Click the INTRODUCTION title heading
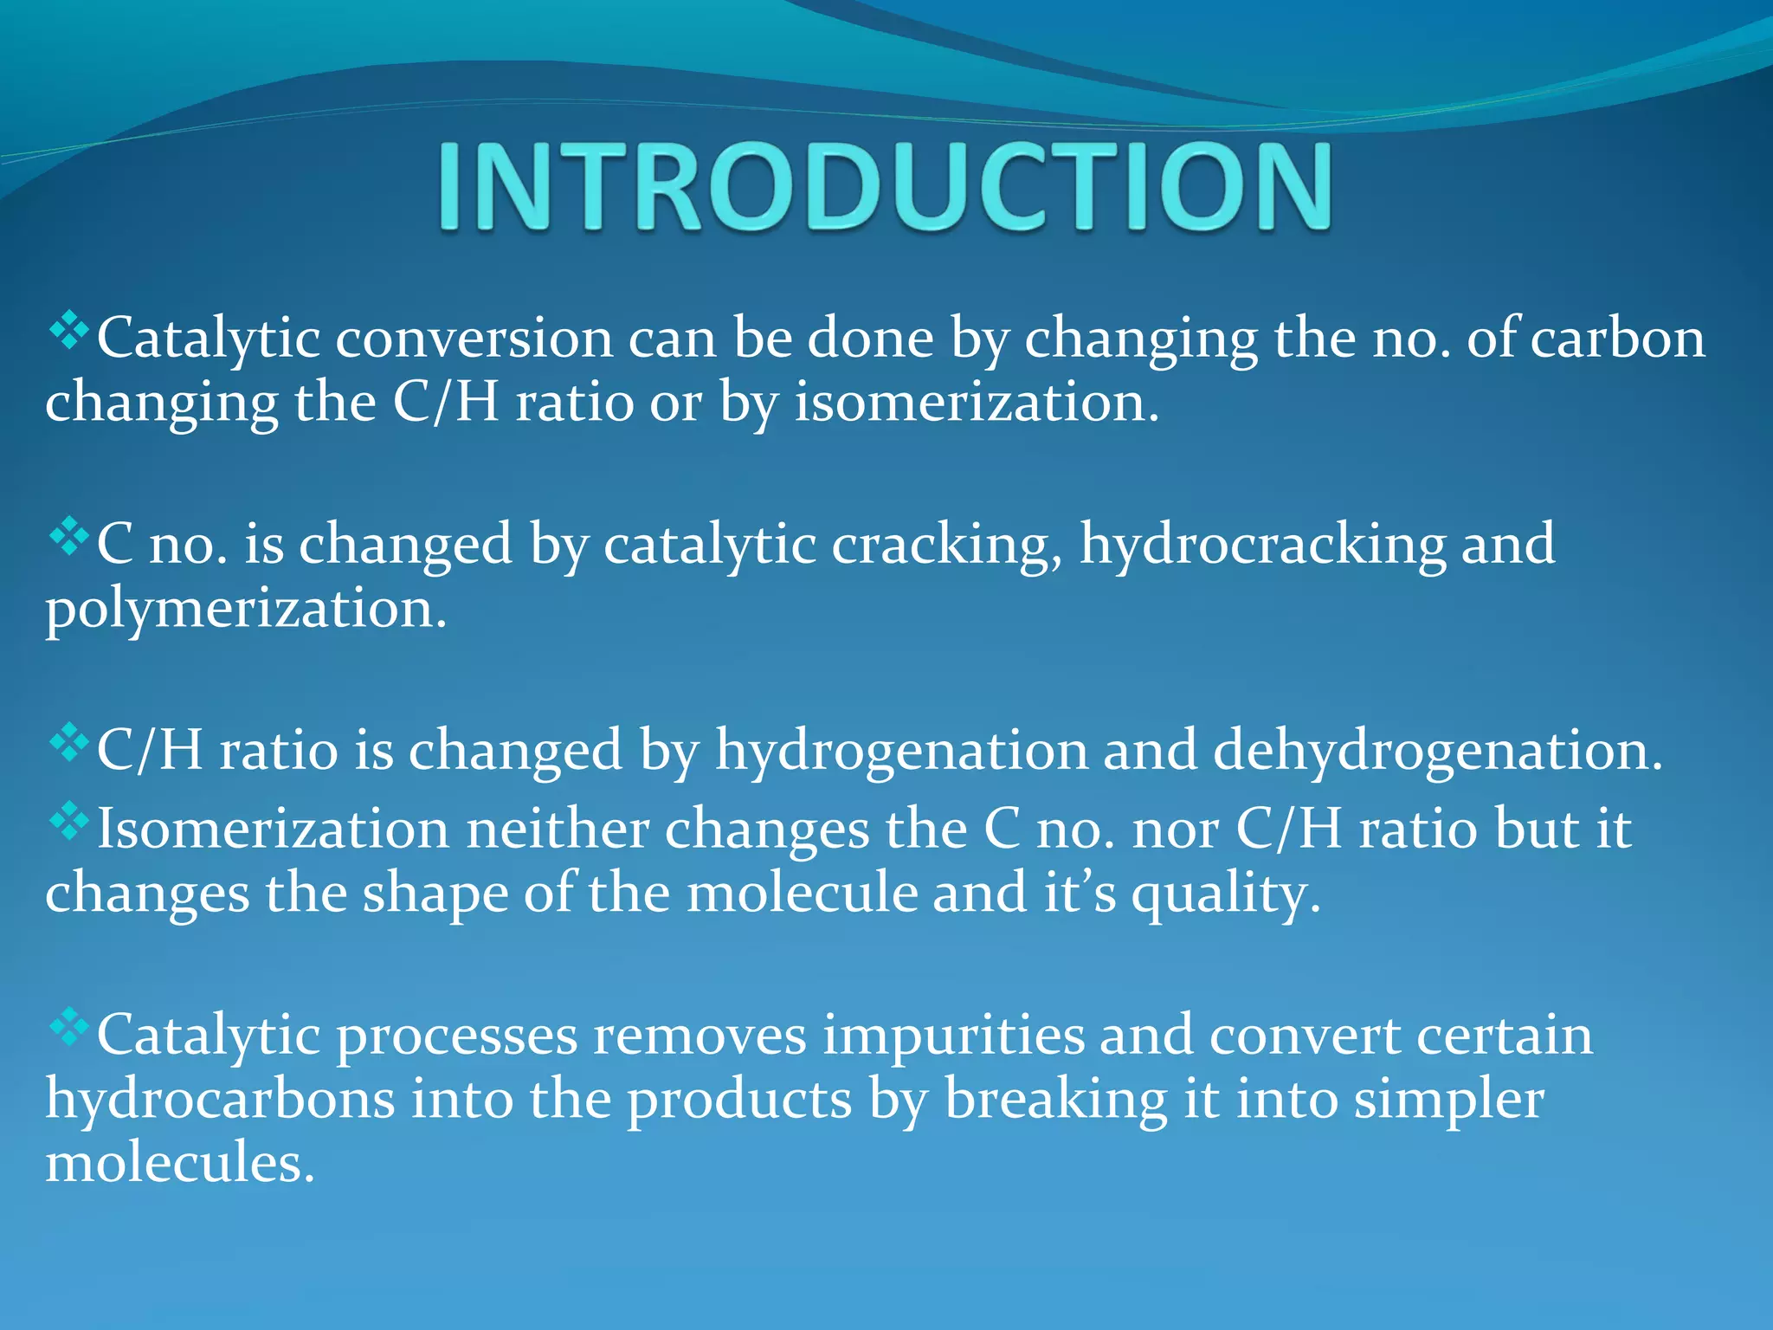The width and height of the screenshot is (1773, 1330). pyautogui.click(x=885, y=187)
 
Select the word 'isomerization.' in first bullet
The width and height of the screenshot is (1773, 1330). pyautogui.click(x=977, y=404)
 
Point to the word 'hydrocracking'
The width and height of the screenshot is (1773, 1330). pyautogui.click(x=1262, y=546)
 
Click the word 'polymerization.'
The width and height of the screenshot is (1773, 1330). pyautogui.click(x=246, y=610)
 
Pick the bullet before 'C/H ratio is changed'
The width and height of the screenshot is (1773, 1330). pyautogui.click(x=69, y=742)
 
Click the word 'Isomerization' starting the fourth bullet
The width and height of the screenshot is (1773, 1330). pyautogui.click(x=274, y=830)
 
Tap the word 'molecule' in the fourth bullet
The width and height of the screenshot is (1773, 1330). pyautogui.click(x=802, y=894)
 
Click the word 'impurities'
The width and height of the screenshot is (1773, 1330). pyautogui.click(x=952, y=1036)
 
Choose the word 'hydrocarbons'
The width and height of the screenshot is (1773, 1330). pyautogui.click(x=220, y=1100)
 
